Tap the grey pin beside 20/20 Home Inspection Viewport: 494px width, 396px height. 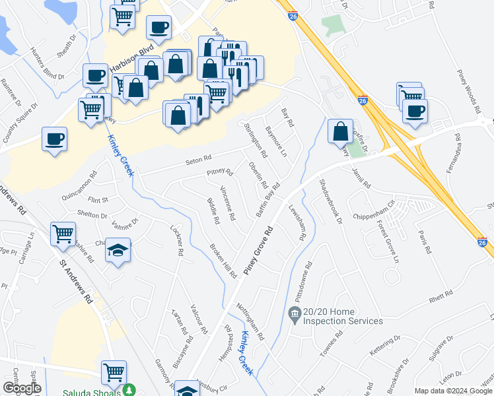click(x=294, y=312)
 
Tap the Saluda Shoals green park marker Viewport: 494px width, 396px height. click(x=131, y=391)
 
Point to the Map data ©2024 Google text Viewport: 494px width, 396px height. click(x=454, y=391)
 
